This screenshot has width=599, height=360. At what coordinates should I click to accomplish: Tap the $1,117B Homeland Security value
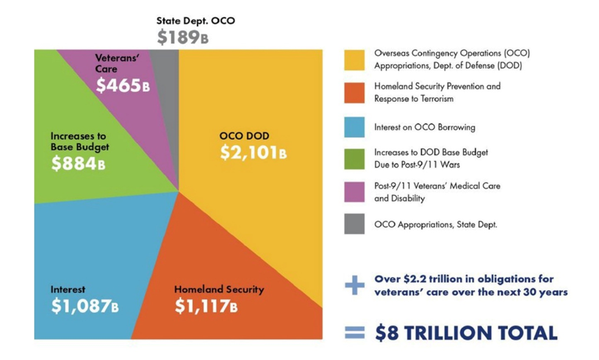[206, 306]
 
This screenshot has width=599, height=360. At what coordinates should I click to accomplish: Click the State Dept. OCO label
[196, 21]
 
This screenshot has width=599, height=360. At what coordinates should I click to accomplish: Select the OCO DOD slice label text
[244, 135]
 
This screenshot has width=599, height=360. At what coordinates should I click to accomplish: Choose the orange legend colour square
[354, 93]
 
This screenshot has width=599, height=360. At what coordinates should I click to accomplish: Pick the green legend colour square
[354, 158]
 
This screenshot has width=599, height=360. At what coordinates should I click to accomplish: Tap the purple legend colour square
[354, 191]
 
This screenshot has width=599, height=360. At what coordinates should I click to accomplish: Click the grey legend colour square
[354, 224]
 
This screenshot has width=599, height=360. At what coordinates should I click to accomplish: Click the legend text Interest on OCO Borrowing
[425, 127]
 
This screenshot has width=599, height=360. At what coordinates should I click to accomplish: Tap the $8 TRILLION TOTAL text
[465, 333]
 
